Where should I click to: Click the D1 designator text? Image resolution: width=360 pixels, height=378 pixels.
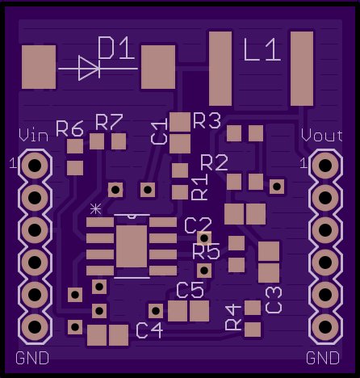pos(116,48)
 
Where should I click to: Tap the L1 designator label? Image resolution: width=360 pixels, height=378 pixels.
pos(262,49)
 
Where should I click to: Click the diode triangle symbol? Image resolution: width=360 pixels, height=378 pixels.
pos(89,69)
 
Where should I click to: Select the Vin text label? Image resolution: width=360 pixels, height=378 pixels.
pos(34,136)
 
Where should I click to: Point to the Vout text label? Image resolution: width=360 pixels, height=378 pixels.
pos(322,136)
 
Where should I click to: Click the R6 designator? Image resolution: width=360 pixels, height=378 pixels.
pos(69,128)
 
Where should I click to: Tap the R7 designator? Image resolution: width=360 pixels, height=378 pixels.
pos(109,122)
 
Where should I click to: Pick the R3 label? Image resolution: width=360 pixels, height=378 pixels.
pos(207,120)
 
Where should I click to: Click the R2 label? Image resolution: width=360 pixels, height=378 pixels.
pos(214,163)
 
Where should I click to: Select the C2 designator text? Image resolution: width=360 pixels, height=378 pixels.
pos(199,225)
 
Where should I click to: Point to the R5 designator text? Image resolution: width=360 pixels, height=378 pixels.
pos(207,251)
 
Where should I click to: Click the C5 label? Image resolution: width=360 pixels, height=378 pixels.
pos(190,290)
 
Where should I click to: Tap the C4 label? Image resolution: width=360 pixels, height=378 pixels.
pos(149,330)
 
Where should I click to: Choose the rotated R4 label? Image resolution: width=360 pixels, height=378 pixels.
pos(233,317)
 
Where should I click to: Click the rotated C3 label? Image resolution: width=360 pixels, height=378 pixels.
pos(274,300)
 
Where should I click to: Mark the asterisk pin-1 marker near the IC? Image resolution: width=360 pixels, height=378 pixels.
pos(95,209)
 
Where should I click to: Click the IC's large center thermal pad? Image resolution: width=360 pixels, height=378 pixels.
pos(132,246)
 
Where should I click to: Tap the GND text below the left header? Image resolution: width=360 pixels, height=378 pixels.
pos(32,358)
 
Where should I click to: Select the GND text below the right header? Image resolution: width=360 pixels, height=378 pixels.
pos(323,358)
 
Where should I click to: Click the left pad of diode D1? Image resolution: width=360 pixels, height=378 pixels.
pos(39,67)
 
